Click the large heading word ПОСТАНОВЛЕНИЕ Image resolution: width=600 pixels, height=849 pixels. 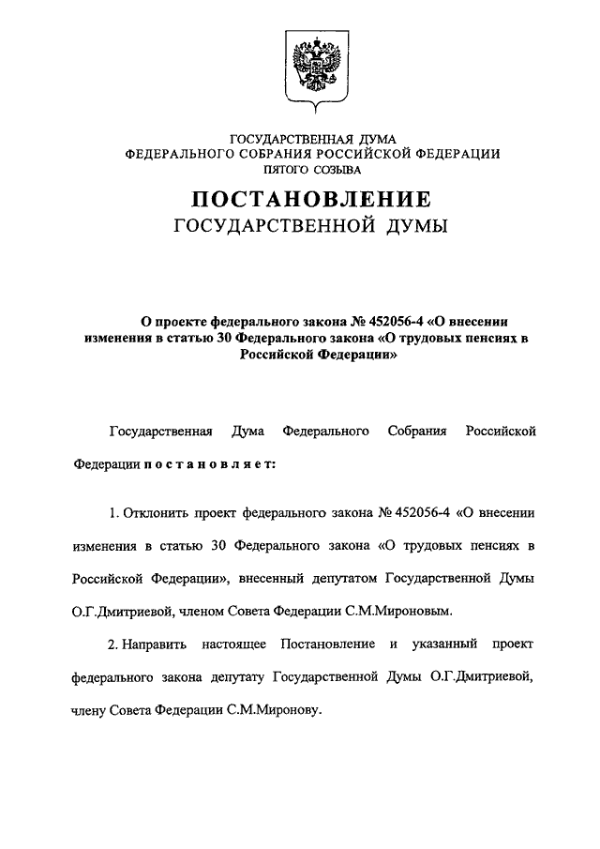[x=313, y=199]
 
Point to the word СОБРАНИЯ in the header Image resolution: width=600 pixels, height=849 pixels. [x=277, y=154]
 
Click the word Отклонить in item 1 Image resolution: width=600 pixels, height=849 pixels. [x=157, y=513]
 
